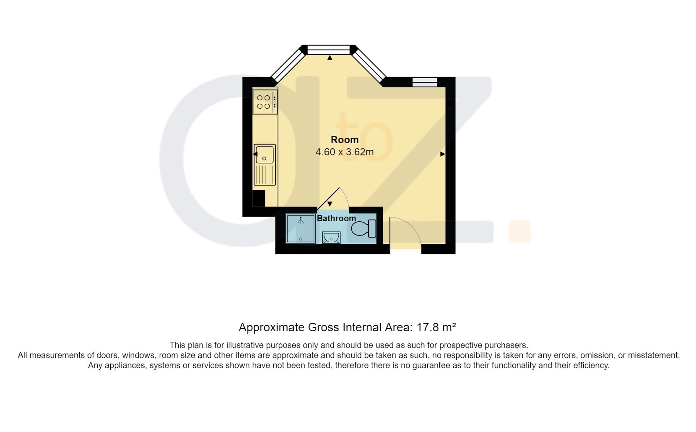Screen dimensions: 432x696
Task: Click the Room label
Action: point(345,140)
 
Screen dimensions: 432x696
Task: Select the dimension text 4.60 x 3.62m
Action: point(345,152)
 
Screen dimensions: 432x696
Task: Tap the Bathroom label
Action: point(336,218)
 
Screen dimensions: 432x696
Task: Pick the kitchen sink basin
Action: point(265,154)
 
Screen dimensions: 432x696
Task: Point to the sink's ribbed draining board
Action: point(265,175)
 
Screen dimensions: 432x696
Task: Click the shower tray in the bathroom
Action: point(300,229)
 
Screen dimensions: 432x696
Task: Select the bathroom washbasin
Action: point(331,238)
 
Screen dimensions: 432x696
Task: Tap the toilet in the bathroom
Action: point(363,229)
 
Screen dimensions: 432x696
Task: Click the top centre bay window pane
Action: point(330,50)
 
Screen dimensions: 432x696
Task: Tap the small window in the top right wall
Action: point(425,82)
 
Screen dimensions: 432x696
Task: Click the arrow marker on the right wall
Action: point(443,154)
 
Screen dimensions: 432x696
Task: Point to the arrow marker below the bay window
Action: point(330,58)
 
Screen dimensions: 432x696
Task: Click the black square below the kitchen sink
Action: point(259,198)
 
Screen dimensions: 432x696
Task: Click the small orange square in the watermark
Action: point(519,231)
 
